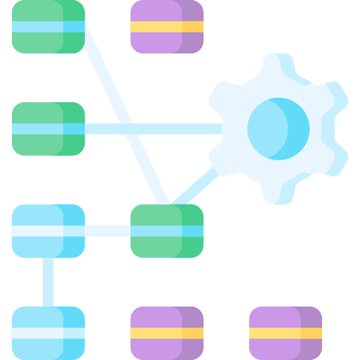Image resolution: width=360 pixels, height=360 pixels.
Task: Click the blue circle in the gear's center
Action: point(278,129)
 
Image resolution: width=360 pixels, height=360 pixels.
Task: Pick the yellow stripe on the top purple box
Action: point(167,27)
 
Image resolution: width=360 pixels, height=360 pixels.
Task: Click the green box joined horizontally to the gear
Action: point(48,129)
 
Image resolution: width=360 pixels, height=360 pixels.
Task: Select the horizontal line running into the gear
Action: point(155,129)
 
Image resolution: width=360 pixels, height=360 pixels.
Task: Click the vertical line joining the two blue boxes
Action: point(48,281)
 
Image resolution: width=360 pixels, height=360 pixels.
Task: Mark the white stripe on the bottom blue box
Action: point(48,333)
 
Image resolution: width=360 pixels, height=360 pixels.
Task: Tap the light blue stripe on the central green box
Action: point(167,231)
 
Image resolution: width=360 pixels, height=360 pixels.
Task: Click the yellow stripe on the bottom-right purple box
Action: point(285,333)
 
